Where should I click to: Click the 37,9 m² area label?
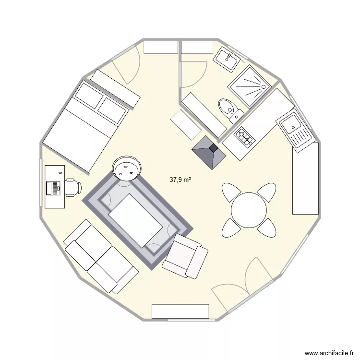point(180,180)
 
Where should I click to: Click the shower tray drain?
point(263,86)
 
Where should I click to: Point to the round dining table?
point(249,210)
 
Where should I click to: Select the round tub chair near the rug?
point(127,168)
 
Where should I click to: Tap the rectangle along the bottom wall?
point(180,311)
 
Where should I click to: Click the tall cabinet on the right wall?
point(305,178)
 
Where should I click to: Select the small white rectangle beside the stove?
point(186,124)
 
